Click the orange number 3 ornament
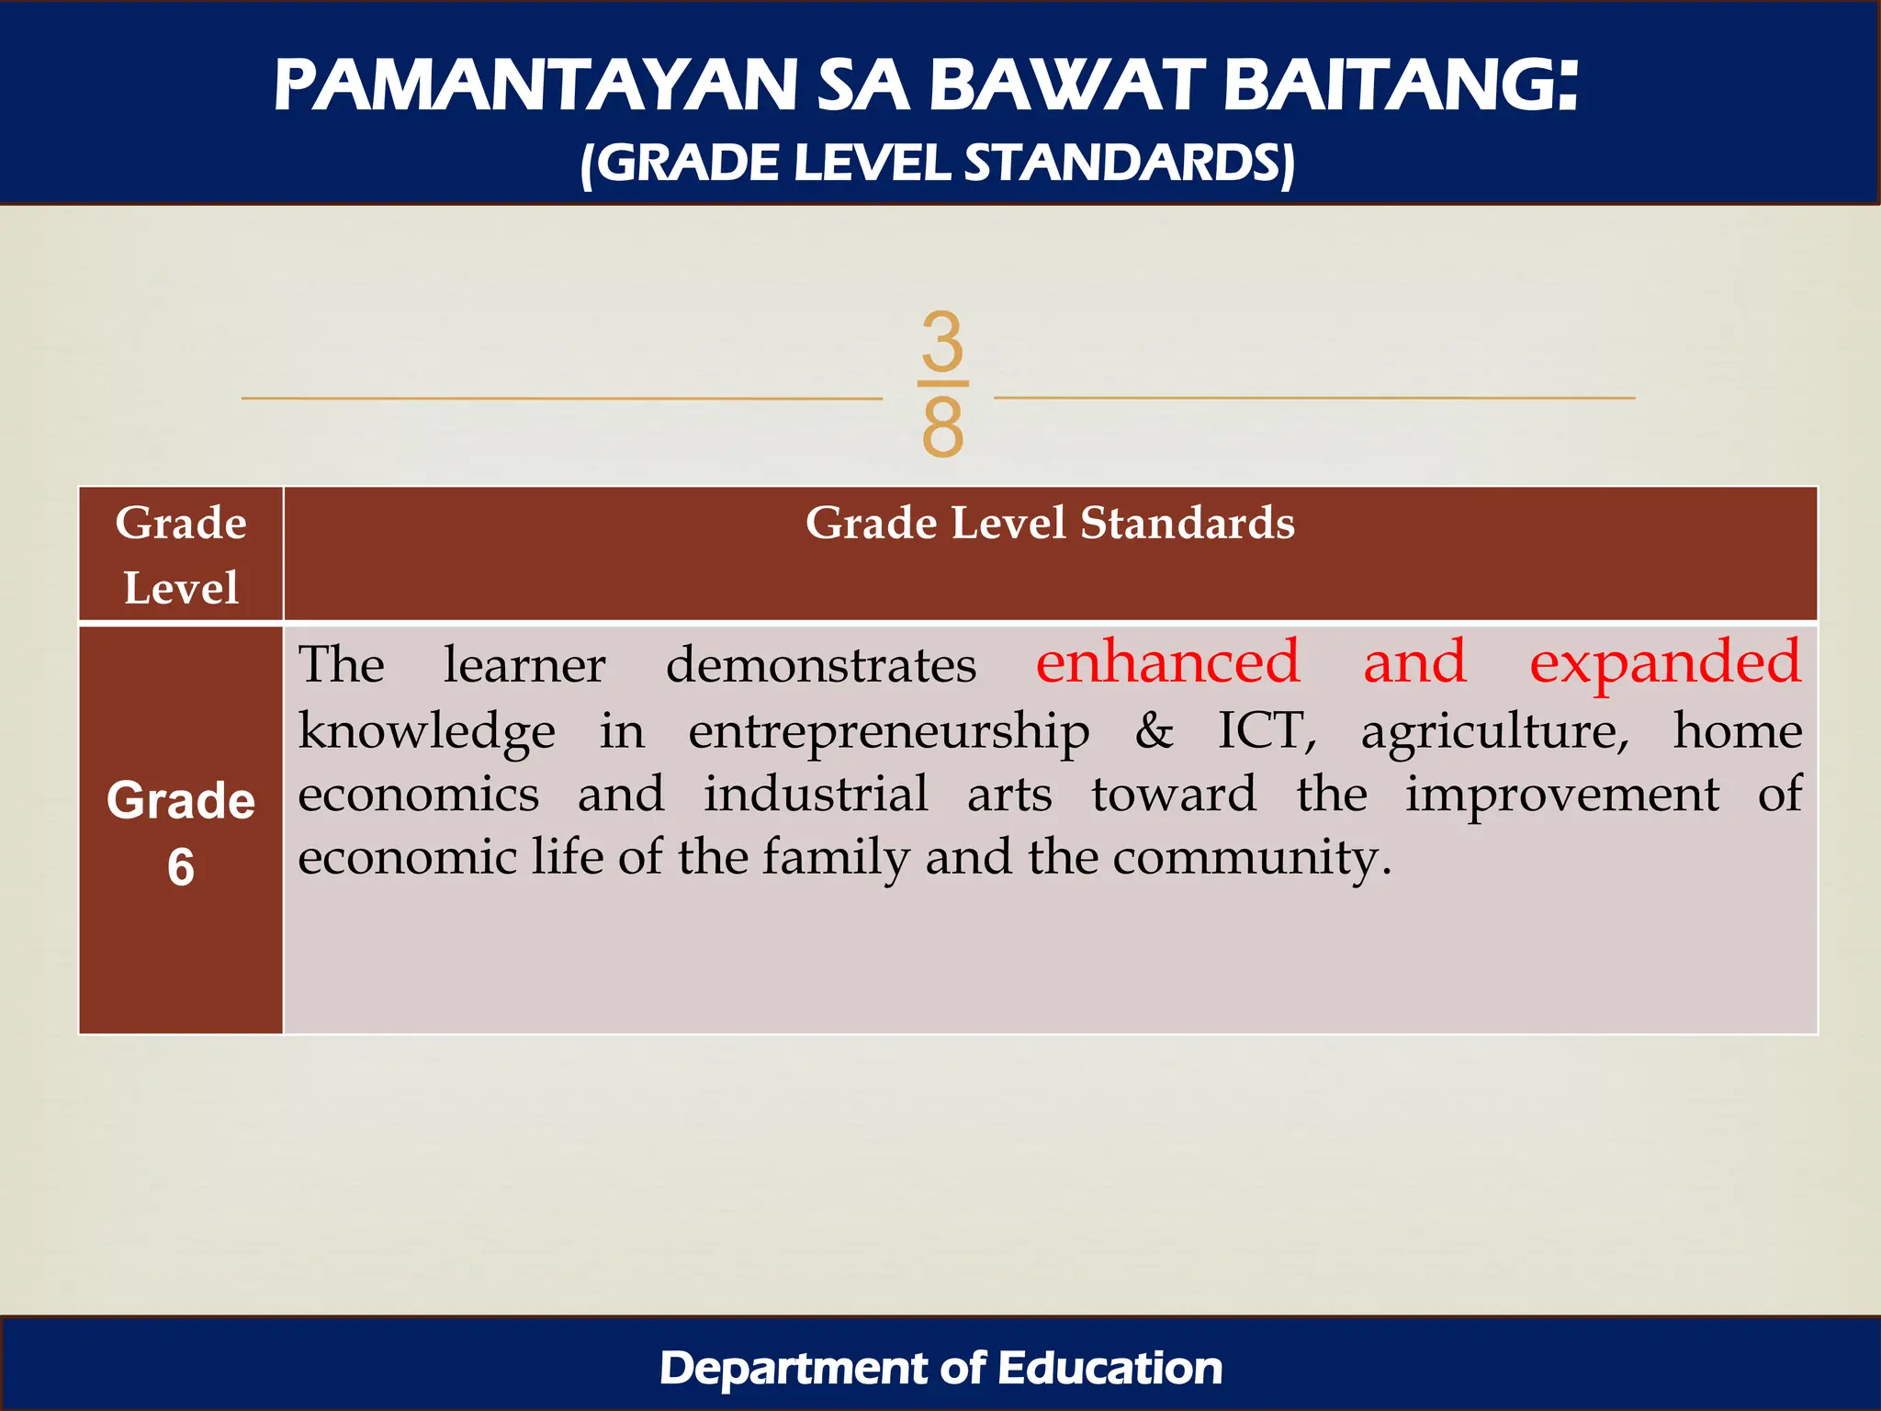coord(942,341)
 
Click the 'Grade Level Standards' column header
coord(1050,524)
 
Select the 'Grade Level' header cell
coord(181,554)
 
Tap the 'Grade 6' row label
coord(181,831)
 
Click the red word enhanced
coord(1167,662)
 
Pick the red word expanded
coord(1664,664)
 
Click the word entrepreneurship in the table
coord(888,733)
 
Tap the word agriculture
coord(1494,733)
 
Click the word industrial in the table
coord(816,794)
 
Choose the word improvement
coord(1561,796)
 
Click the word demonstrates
coord(820,665)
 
